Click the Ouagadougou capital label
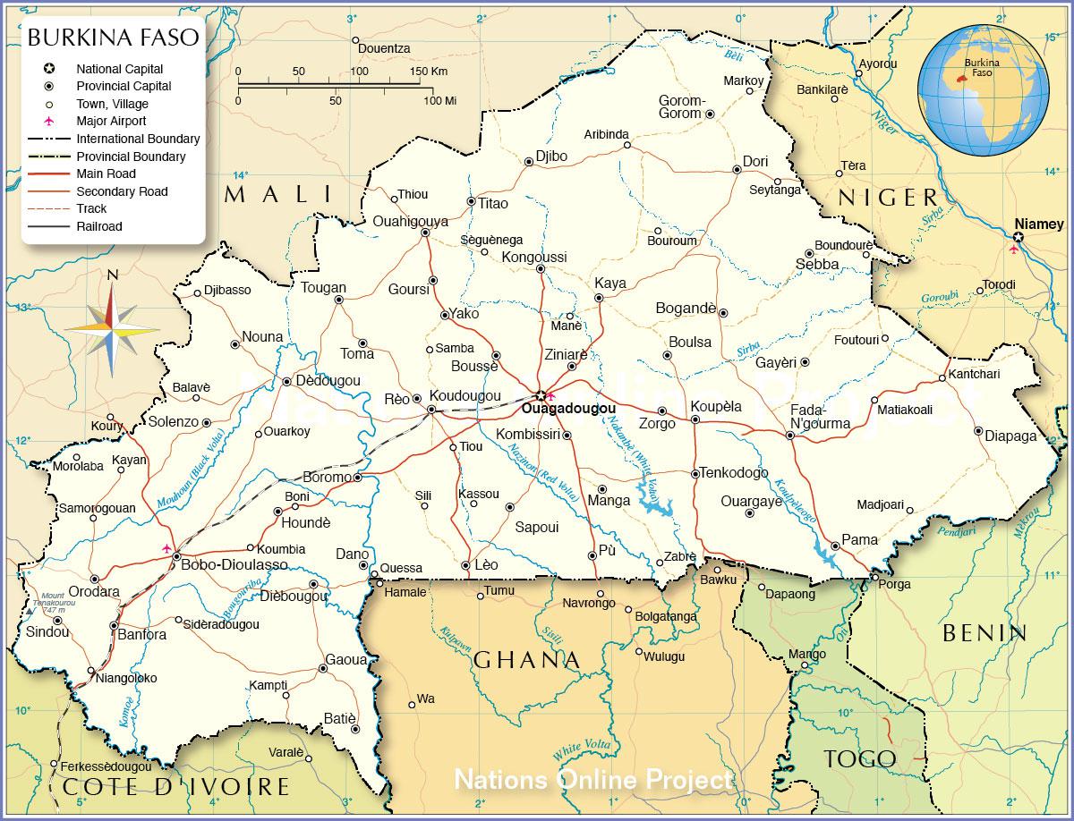tap(568, 409)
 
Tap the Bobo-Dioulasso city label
tap(234, 564)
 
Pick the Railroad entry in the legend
tap(98, 226)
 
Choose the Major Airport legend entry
tap(110, 121)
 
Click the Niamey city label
tap(1038, 224)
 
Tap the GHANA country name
tap(526, 660)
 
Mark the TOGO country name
tap(859, 759)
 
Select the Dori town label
tap(755, 161)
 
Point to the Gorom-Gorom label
tap(682, 107)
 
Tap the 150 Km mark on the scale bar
tap(427, 72)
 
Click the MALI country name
tap(277, 194)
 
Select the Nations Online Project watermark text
tap(592, 780)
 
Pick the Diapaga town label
tap(1010, 436)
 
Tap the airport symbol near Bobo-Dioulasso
tap(166, 547)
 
